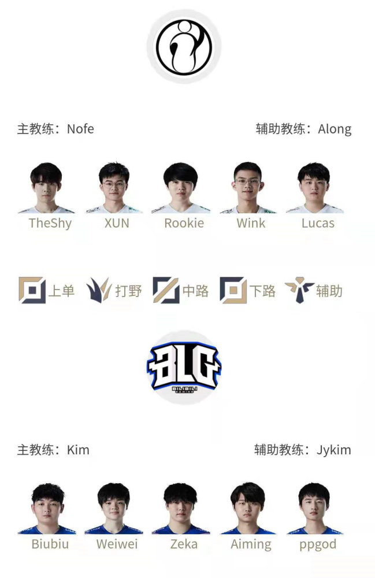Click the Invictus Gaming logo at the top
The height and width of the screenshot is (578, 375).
pyautogui.click(x=184, y=46)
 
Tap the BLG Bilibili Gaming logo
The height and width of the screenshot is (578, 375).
pyautogui.click(x=184, y=367)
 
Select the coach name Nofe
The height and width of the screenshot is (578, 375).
pyautogui.click(x=80, y=129)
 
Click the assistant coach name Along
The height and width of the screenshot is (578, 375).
pyautogui.click(x=335, y=129)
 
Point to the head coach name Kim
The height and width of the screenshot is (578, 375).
pyautogui.click(x=78, y=450)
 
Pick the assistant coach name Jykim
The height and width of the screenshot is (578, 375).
pyautogui.click(x=334, y=450)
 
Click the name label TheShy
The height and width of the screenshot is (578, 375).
pyautogui.click(x=50, y=223)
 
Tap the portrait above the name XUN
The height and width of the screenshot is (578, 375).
pyautogui.click(x=114, y=188)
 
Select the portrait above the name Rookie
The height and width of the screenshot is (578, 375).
pyautogui.click(x=180, y=188)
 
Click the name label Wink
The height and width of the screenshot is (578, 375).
pyautogui.click(x=251, y=223)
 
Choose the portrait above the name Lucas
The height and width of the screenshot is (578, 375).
pyautogui.click(x=314, y=188)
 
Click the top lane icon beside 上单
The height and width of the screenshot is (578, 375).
pyautogui.click(x=32, y=290)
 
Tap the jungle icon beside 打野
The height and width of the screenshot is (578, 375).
pyautogui.click(x=99, y=290)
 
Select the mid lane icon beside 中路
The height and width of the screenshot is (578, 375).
pyautogui.click(x=166, y=290)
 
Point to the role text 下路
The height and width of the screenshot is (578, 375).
pyautogui.click(x=262, y=291)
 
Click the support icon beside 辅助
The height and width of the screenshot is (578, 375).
pyautogui.click(x=299, y=290)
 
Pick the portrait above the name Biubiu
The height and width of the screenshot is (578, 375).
pyautogui.click(x=47, y=509)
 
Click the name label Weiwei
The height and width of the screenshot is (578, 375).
pyautogui.click(x=117, y=544)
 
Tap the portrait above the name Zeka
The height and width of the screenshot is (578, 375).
pyautogui.click(x=180, y=509)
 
